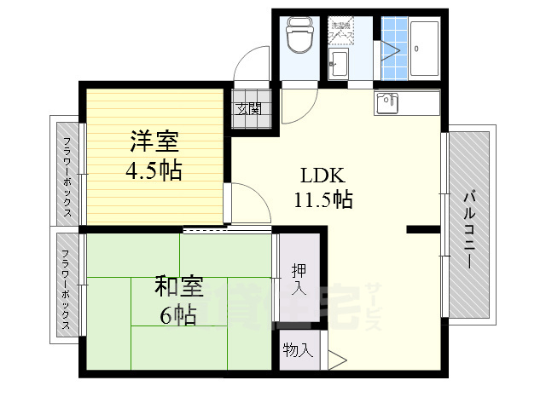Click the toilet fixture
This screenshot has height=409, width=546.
click(x=299, y=36)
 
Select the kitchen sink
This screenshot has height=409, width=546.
click(x=388, y=102)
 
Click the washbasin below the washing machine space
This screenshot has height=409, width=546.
click(x=338, y=62)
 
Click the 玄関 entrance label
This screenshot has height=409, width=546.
click(x=250, y=109)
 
